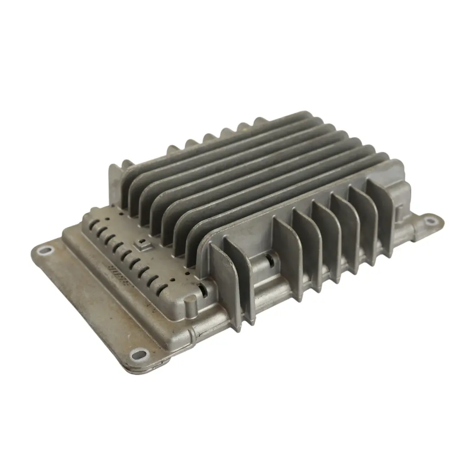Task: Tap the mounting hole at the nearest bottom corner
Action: click(139, 353)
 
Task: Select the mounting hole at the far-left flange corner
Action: click(44, 251)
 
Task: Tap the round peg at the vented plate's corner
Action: click(190, 302)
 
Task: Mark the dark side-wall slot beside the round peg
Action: click(203, 289)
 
